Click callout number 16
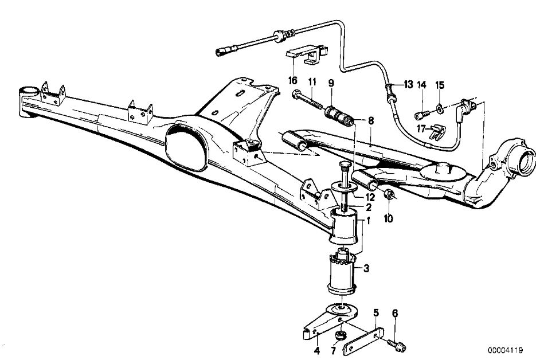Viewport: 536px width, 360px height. point(292,81)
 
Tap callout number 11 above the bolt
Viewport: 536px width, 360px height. point(312,82)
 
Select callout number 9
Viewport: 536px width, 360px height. point(331,83)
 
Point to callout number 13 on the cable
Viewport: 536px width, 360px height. point(408,84)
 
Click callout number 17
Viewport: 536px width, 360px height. point(421,129)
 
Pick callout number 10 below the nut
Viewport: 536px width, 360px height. point(389,218)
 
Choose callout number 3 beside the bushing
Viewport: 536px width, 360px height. point(366,268)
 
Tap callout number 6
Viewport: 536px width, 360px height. point(395,313)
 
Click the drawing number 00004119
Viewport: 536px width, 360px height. point(505,350)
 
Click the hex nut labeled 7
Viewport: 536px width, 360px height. point(339,334)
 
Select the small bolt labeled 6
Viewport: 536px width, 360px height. point(397,345)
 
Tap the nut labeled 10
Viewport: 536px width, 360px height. point(389,194)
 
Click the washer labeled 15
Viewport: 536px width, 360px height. point(439,109)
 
